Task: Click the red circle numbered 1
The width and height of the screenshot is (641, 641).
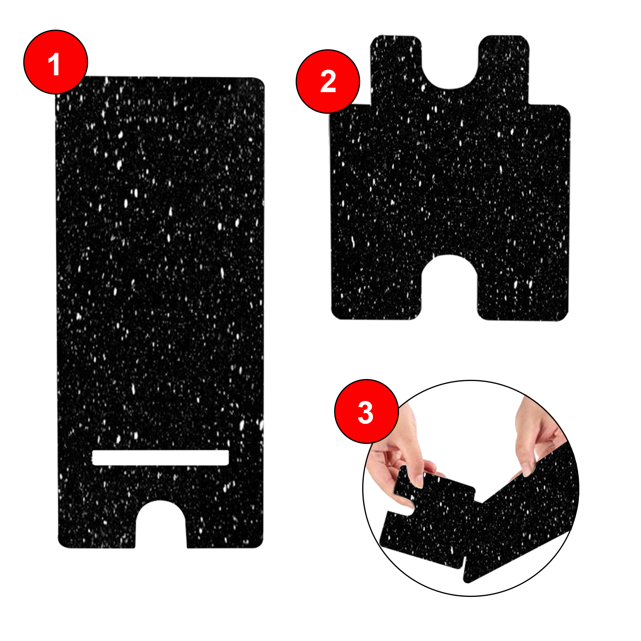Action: tap(56, 62)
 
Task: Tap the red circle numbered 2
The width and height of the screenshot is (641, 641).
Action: tap(328, 81)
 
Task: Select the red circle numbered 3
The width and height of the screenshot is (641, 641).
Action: tap(367, 411)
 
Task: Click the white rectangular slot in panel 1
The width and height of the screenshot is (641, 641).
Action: tap(160, 458)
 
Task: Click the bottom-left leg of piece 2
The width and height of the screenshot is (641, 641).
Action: tap(377, 292)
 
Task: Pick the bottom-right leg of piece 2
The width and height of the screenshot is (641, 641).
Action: tap(523, 292)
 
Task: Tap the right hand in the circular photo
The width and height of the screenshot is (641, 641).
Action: tap(537, 437)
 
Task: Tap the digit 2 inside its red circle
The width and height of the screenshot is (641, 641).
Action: tap(328, 82)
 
